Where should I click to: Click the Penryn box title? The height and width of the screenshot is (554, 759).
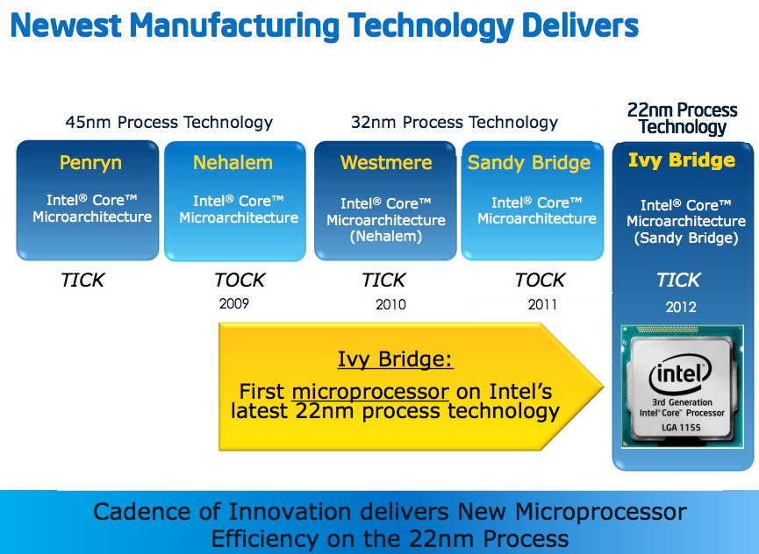(x=90, y=162)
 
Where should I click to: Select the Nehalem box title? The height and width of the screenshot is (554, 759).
(x=233, y=162)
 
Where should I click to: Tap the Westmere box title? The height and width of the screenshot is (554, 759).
(x=386, y=162)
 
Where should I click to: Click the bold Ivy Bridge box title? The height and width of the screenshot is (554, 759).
(x=682, y=160)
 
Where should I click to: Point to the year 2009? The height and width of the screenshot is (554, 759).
(x=233, y=305)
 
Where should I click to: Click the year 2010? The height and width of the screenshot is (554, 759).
(x=386, y=305)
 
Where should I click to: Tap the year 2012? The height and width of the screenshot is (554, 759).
(x=681, y=307)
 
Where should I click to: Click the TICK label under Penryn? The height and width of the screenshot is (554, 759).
(x=82, y=281)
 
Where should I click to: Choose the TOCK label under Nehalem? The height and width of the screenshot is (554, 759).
(x=240, y=281)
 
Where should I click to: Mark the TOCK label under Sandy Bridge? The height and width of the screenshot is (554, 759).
(x=540, y=281)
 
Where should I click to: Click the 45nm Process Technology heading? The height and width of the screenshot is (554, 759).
(x=169, y=123)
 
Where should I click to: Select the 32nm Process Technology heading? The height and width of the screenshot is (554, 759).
(x=455, y=123)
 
